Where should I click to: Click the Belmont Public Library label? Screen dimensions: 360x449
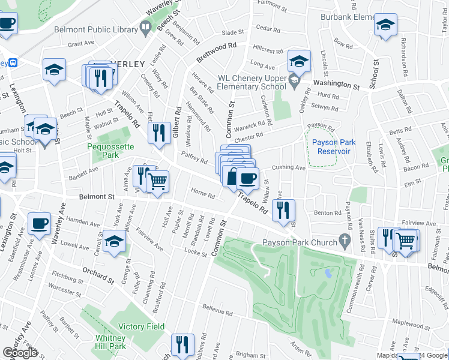(x=95, y=28)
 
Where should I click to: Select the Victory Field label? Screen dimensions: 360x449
(x=141, y=326)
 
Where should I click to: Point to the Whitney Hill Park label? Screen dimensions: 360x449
(x=110, y=342)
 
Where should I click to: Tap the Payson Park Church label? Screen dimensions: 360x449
(x=300, y=242)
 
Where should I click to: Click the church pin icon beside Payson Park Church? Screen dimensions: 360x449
(x=344, y=241)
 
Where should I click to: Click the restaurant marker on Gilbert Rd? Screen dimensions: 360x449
(x=158, y=132)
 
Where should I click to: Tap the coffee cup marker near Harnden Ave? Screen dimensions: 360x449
(x=40, y=223)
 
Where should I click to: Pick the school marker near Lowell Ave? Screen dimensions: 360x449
(x=113, y=241)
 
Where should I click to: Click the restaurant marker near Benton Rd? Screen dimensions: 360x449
(x=283, y=209)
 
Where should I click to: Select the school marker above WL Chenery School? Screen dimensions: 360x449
(x=298, y=61)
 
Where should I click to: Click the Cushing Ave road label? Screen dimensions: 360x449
(x=289, y=168)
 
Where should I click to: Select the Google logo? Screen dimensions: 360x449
(x=20, y=352)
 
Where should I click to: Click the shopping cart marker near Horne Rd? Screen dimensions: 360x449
(x=158, y=181)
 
